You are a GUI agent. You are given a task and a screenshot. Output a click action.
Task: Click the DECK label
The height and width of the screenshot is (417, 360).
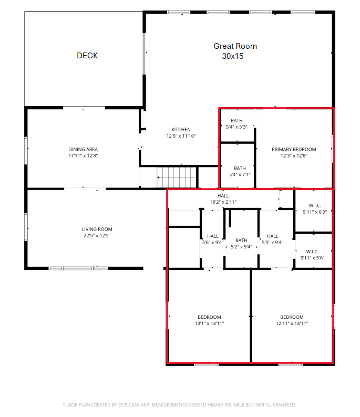(x=87, y=56)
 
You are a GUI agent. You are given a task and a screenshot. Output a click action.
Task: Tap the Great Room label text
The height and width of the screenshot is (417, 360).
(x=235, y=46)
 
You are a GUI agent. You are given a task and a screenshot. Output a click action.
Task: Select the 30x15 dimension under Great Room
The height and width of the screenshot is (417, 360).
(x=233, y=56)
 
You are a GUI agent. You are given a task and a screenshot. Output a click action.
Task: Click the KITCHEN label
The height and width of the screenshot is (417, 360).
(x=181, y=130)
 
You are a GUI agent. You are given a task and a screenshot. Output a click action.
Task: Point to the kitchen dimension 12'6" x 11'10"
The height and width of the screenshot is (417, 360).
(x=181, y=136)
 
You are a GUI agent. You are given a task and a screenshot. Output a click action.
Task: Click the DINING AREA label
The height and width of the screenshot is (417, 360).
(x=83, y=149)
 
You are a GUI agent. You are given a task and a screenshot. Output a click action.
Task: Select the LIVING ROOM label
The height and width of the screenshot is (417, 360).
(x=97, y=229)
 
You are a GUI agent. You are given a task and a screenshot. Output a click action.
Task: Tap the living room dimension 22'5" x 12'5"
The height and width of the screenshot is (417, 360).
(x=97, y=236)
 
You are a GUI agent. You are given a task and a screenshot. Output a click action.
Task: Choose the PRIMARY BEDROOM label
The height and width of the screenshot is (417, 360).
(x=294, y=149)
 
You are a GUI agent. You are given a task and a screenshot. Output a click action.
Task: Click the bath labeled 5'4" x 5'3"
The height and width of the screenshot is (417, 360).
(x=236, y=124)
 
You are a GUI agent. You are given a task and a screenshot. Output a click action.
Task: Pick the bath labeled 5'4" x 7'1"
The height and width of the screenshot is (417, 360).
(x=240, y=171)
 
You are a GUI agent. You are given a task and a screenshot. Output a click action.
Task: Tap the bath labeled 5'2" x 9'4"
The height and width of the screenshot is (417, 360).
(x=241, y=243)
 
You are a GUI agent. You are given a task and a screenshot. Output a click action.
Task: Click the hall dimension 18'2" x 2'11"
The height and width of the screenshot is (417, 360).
(x=223, y=202)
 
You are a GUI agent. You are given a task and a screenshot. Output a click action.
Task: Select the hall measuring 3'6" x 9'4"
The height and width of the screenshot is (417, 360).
(x=212, y=239)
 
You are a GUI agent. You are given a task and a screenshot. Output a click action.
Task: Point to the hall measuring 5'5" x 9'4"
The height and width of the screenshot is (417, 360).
(x=272, y=239)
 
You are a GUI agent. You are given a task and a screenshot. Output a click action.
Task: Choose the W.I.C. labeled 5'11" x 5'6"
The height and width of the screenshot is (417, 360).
(x=312, y=255)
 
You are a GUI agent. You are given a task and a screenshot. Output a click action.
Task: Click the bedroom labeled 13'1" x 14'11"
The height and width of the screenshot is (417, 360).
(x=209, y=320)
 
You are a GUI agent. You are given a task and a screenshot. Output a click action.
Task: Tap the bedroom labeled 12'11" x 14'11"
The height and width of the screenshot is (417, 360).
(x=292, y=320)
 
